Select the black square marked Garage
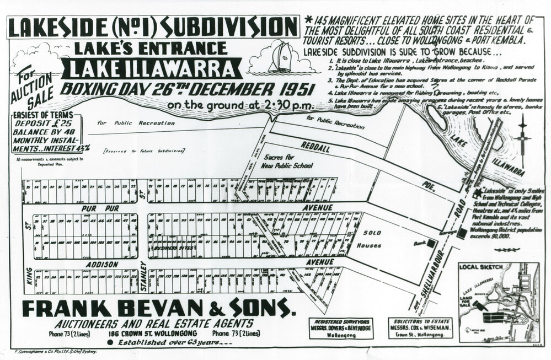click(x=461, y=233)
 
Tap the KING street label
click(x=29, y=276)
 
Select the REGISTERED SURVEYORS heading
click(x=339, y=320)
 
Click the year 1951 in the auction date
click(x=294, y=88)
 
